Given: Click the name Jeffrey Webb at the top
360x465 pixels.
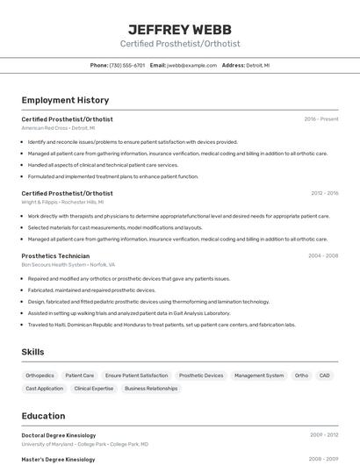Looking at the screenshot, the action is tap(180, 28).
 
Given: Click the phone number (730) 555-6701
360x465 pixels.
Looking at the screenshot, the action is tap(127, 66).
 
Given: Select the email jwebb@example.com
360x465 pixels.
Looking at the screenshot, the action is tap(191, 66).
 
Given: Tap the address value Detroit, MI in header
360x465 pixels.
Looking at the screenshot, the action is tap(258, 66).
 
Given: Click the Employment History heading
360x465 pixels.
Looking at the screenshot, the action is tap(65, 101).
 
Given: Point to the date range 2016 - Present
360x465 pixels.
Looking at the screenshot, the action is tap(321, 119).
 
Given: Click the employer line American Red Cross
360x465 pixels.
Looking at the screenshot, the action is tap(57, 128).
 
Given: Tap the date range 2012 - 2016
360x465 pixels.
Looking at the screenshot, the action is tap(324, 193).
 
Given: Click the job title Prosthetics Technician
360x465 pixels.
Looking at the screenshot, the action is tap(55, 256).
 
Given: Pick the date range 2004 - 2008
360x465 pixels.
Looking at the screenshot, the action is tap(323, 256).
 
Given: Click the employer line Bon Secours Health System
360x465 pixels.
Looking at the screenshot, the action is tap(68, 264).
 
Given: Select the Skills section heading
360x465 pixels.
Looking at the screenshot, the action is tap(33, 352).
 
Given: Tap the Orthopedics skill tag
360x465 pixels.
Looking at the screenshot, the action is tap(40, 376).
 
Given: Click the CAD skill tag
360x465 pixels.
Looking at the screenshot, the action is tap(325, 376).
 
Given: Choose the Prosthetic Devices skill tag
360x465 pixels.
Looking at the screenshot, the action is tap(201, 376).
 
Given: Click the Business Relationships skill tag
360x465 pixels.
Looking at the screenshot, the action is tap(151, 389).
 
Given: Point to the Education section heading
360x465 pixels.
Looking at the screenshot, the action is tap(43, 416).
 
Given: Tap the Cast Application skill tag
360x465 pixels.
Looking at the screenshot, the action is tap(44, 389).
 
